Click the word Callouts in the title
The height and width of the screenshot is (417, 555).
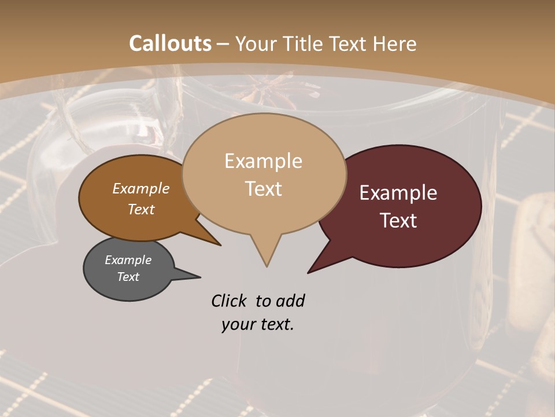pyautogui.click(x=170, y=43)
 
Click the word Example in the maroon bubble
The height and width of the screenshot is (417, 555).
pyautogui.click(x=398, y=193)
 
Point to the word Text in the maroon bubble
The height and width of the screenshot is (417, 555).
pyautogui.click(x=398, y=221)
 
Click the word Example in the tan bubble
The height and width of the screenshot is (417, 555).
pyautogui.click(x=263, y=161)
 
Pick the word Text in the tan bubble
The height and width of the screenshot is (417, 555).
pyautogui.click(x=264, y=189)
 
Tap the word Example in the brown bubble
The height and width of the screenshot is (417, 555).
pyautogui.click(x=140, y=188)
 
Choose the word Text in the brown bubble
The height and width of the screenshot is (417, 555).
pyautogui.click(x=141, y=209)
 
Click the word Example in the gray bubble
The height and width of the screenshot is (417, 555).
pyautogui.click(x=128, y=260)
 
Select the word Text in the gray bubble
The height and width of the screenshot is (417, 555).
pyautogui.click(x=128, y=277)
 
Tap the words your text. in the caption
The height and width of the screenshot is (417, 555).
pyautogui.click(x=257, y=324)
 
